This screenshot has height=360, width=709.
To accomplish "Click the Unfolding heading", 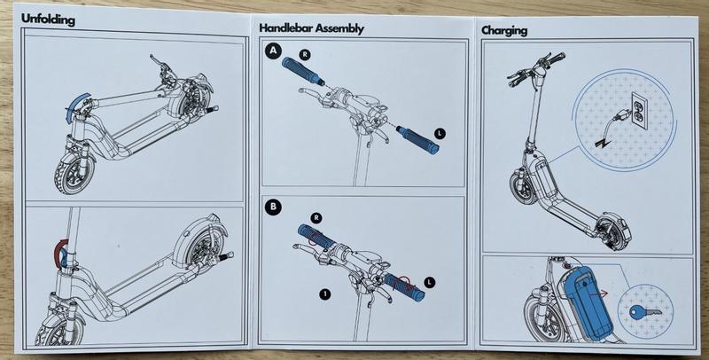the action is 48,19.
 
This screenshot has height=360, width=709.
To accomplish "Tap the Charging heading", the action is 504,31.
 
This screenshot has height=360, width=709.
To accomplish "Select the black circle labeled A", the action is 273,51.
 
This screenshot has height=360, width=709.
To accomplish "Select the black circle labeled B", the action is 273,207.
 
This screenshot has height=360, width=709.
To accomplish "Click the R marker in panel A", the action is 305,55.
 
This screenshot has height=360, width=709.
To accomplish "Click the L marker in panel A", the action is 440,133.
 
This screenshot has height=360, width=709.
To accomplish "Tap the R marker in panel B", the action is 316,218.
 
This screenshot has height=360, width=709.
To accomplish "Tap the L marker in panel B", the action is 430,283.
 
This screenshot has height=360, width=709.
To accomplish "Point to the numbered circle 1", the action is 324,294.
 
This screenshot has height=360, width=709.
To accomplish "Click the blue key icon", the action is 645,311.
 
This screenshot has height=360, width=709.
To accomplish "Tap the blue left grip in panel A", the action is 417,140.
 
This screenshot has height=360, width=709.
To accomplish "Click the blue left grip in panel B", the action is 404,287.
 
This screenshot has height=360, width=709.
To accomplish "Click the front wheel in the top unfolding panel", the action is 74,174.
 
